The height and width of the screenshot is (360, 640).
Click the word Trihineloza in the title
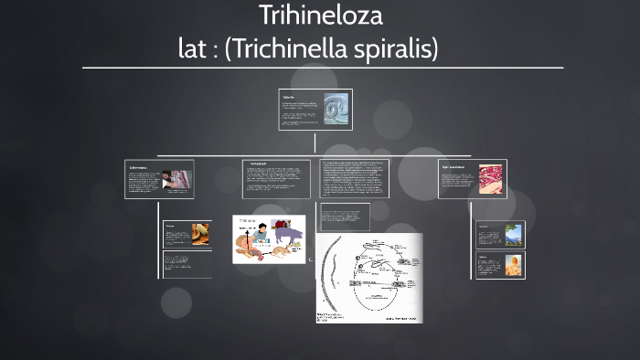coord(320,16)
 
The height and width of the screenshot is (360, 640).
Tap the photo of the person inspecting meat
coord(179,180)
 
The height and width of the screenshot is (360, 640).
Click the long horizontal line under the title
coord(322,68)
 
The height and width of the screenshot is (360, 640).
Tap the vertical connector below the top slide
coord(315,143)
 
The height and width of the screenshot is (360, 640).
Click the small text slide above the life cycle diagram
coord(344,217)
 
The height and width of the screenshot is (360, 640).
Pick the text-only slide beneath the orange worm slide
coord(187,264)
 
